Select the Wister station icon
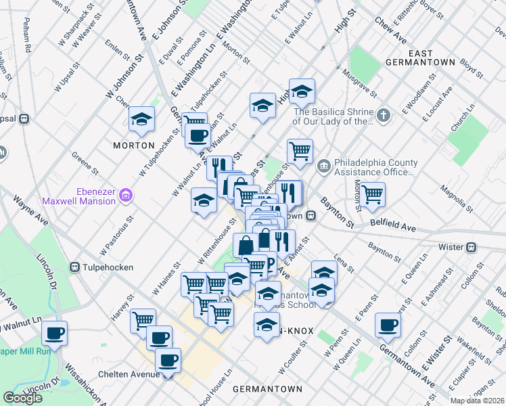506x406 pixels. (x=474, y=248)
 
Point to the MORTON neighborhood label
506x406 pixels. (x=129, y=145)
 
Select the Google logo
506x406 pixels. (x=22, y=398)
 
